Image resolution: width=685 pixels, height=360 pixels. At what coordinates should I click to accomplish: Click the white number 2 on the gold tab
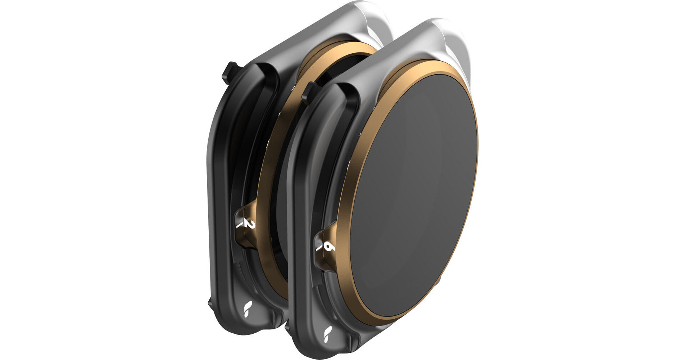point(251,225)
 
